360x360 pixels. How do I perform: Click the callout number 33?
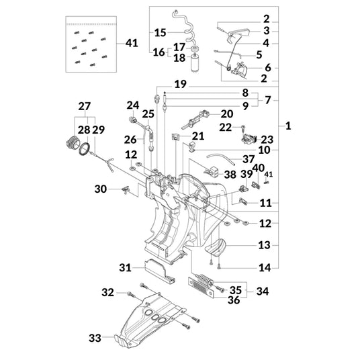(x=95, y=338)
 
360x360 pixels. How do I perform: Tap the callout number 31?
(x=125, y=267)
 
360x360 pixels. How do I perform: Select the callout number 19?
(x=181, y=84)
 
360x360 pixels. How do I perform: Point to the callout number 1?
(x=288, y=126)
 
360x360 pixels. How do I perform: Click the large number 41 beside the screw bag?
(x=132, y=43)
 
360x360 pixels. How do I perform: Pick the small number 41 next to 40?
(x=269, y=175)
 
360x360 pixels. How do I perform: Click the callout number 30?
(x=101, y=189)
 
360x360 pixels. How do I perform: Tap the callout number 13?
(x=264, y=245)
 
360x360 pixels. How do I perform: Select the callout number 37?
(x=249, y=159)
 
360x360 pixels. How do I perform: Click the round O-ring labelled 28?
(x=85, y=148)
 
